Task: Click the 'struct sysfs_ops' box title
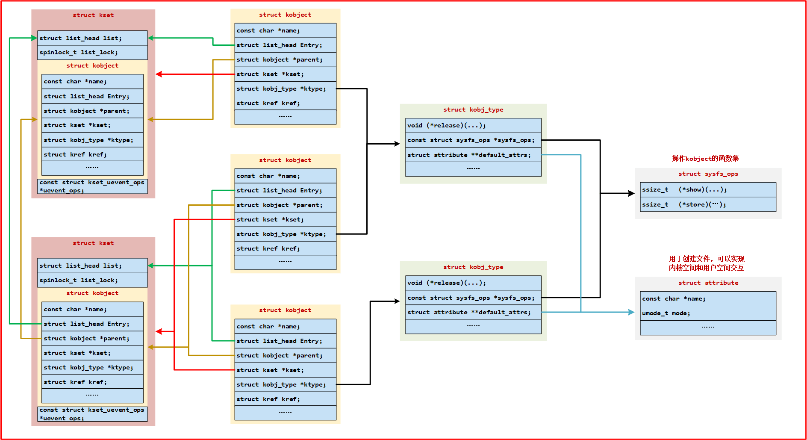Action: pos(708,174)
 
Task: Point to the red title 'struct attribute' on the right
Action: pos(708,283)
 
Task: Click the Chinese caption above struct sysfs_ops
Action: pos(705,159)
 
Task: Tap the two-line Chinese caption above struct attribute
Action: pos(707,263)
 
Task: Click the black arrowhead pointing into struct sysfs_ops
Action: pos(631,194)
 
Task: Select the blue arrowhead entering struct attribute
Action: pos(631,312)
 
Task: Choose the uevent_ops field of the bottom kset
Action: pos(92,414)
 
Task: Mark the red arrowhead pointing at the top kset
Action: pos(159,74)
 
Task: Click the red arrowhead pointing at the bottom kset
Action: pos(159,331)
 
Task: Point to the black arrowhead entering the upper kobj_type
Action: pos(397,144)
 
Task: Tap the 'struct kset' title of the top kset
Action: pos(93,15)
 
